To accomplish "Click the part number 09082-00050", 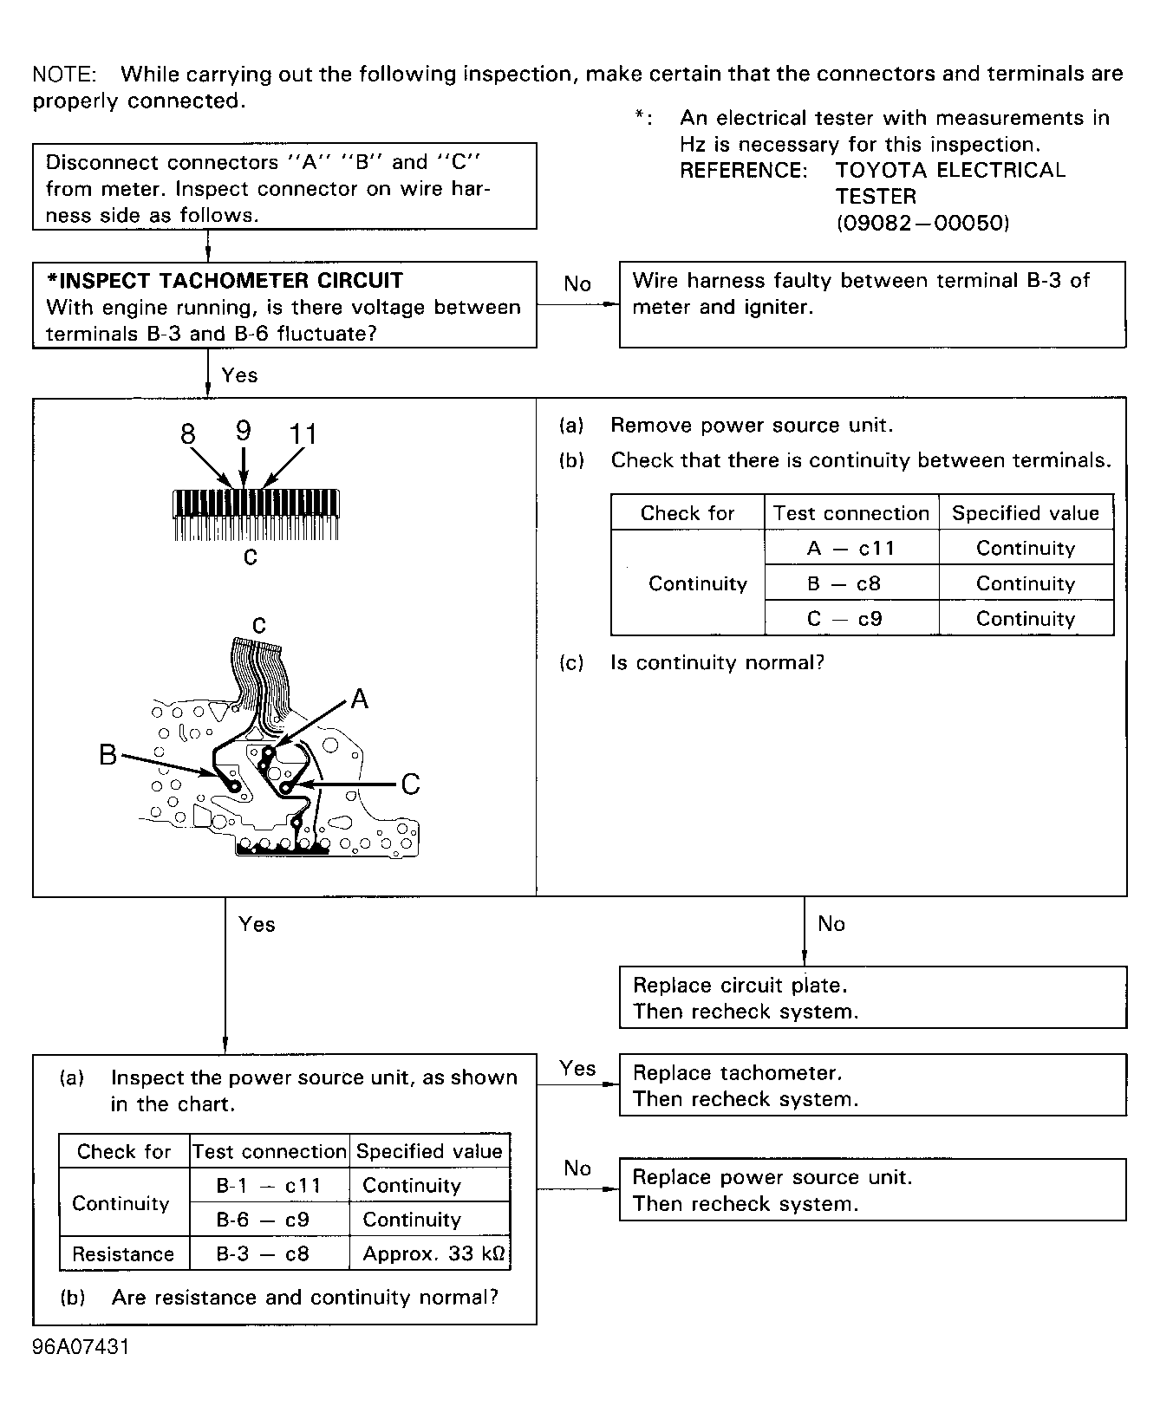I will tap(922, 224).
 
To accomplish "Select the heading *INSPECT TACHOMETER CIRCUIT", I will tap(225, 281).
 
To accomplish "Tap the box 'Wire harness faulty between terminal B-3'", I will tap(872, 304).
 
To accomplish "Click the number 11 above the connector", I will tap(303, 433).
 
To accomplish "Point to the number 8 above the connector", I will tap(188, 433).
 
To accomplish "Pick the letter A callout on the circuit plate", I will tap(359, 699).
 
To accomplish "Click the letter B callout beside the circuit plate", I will tap(108, 755).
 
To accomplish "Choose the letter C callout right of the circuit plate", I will tap(410, 784).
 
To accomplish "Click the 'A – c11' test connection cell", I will tap(850, 548).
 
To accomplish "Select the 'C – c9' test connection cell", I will tap(850, 618).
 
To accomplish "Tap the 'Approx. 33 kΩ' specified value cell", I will tap(430, 1253).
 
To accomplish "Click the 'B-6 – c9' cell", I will tap(269, 1220).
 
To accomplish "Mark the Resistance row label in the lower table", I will tap(123, 1253).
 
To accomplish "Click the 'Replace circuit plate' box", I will tap(872, 998).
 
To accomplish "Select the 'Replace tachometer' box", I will tap(872, 1085).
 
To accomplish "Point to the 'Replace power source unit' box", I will tap(872, 1189).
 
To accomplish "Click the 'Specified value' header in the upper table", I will tap(1026, 513).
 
